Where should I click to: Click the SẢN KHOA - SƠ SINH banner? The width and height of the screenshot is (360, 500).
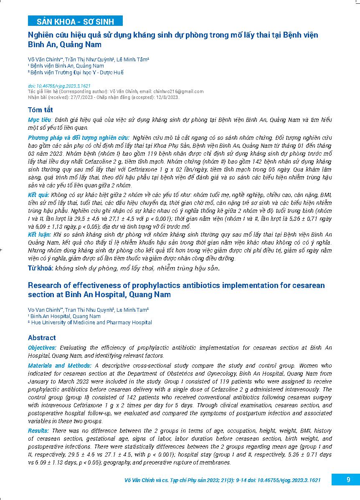click(x=75, y=21)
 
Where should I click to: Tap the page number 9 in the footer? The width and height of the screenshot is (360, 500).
click(x=348, y=480)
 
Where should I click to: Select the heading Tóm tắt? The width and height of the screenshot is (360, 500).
click(x=41, y=110)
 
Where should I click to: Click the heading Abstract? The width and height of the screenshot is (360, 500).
click(x=42, y=338)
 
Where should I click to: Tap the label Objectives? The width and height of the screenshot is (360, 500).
click(x=42, y=348)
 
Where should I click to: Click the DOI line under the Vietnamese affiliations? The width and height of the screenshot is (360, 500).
click(x=59, y=86)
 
